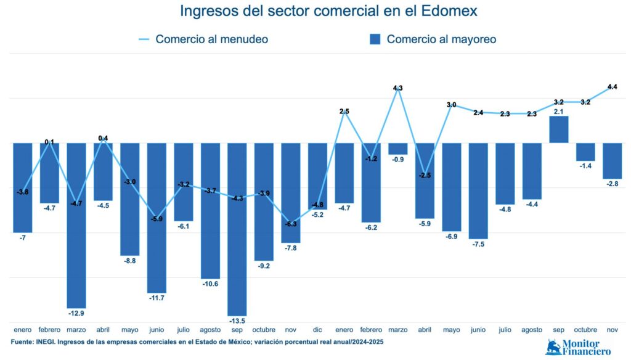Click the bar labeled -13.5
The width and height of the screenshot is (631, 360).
point(237,228)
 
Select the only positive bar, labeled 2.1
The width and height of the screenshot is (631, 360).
point(559,129)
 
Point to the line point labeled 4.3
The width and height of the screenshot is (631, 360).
point(398,89)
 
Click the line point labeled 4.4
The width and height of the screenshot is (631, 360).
point(613,88)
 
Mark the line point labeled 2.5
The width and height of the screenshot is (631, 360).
point(344,112)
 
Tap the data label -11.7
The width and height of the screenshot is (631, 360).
point(157,298)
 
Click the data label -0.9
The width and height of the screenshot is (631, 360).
point(398,160)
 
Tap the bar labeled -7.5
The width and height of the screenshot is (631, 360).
point(478,191)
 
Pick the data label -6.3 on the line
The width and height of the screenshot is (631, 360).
point(291,224)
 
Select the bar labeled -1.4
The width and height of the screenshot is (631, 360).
point(585,152)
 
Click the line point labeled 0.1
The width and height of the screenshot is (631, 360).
point(49,142)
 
